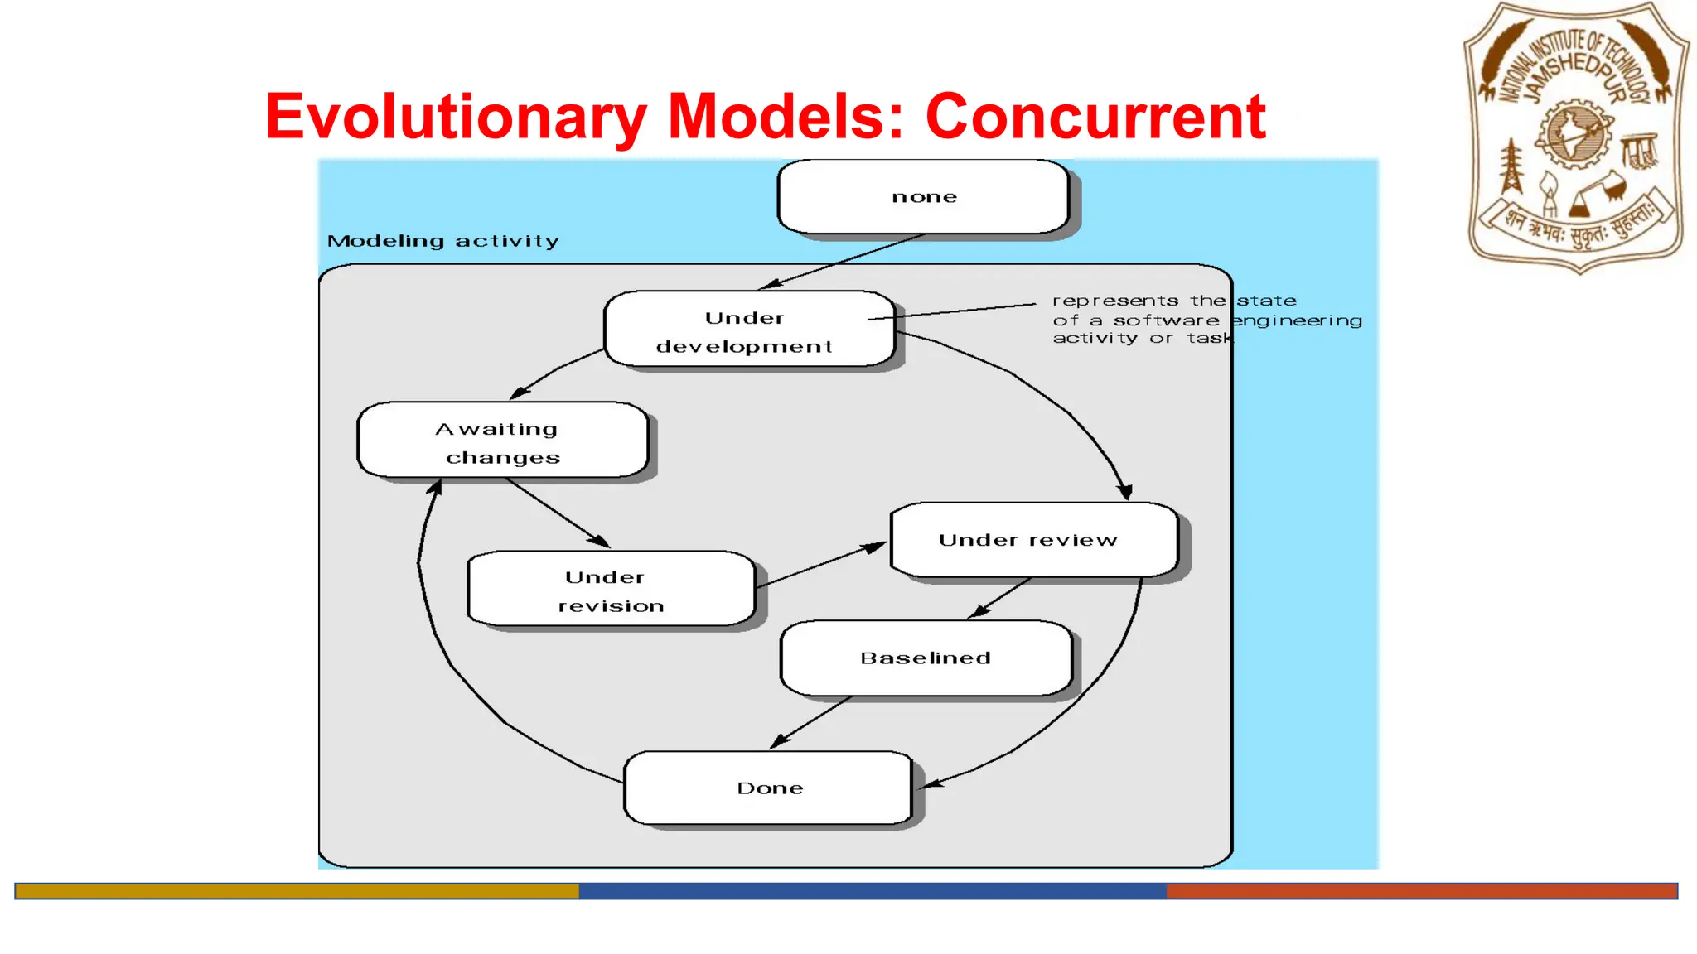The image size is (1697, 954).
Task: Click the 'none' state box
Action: pyautogui.click(x=923, y=197)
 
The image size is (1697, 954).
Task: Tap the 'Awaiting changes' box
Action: pyautogui.click(x=502, y=441)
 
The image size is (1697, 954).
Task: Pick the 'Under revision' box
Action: pyautogui.click(x=612, y=590)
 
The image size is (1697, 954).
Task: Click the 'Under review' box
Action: pyautogui.click(x=1032, y=540)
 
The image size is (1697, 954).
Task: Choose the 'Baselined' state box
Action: pyautogui.click(x=926, y=658)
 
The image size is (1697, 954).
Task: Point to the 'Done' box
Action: pyautogui.click(x=769, y=788)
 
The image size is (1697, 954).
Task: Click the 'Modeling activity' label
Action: pyautogui.click(x=442, y=241)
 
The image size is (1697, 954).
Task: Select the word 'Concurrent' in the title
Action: pyautogui.click(x=1095, y=117)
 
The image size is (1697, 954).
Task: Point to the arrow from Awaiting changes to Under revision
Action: pyautogui.click(x=558, y=513)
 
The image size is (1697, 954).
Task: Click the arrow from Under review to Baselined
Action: pyautogui.click(x=1001, y=597)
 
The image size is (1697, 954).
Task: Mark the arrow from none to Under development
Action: pyautogui.click(x=842, y=262)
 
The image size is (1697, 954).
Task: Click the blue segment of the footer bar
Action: pyautogui.click(x=872, y=891)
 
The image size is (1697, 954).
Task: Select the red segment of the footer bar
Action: pyautogui.click(x=1421, y=891)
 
